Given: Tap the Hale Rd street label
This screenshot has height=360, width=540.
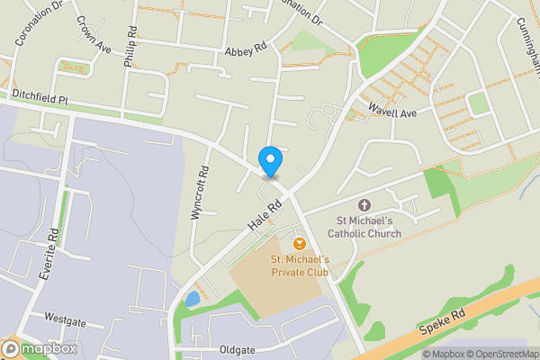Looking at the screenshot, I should coord(267,215).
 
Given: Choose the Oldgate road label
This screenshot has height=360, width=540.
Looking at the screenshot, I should coord(238,349).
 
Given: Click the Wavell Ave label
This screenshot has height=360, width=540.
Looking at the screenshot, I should coord(392,112).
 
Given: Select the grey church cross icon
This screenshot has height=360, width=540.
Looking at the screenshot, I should coord(364,206).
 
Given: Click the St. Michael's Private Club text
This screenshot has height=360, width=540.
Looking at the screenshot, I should coord(301,265).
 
